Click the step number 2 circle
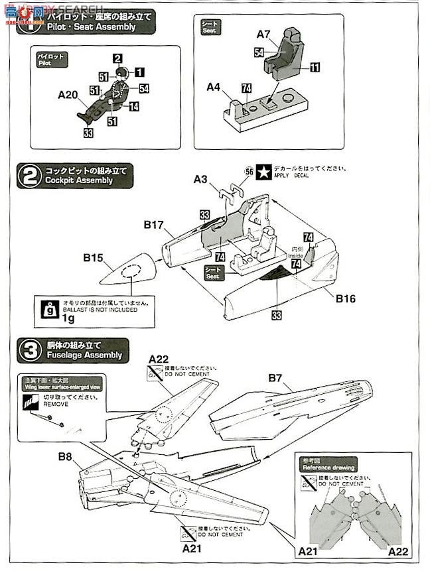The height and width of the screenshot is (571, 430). click(29, 176)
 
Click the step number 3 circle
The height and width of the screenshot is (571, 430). click(29, 350)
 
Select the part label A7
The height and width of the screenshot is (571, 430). click(264, 34)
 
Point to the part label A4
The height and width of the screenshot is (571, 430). click(213, 87)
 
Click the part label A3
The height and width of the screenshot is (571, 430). click(201, 179)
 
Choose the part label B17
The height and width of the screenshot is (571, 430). click(153, 225)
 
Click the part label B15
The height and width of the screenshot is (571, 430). click(92, 257)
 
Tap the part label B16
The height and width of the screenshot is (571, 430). click(345, 298)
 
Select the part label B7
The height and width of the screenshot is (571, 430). click(276, 378)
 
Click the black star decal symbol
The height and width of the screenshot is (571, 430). click(263, 171)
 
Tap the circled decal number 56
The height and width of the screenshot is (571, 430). click(249, 171)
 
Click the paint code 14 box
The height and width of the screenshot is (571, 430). click(134, 106)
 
